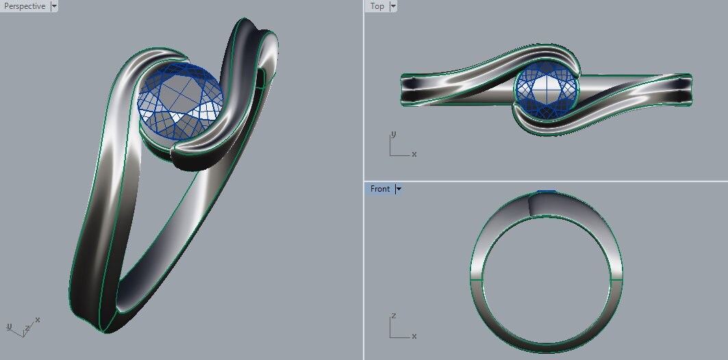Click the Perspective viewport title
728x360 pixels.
point(25,6)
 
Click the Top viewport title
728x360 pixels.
point(377,6)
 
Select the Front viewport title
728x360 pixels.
point(380,189)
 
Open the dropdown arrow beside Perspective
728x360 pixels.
point(54,6)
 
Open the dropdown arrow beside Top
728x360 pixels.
point(393,6)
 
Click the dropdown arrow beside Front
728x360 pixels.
point(399,189)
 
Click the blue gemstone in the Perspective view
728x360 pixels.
point(180,101)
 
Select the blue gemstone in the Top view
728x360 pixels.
point(547,88)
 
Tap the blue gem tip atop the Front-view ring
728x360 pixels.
point(547,191)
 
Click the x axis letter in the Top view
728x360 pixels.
point(414,154)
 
